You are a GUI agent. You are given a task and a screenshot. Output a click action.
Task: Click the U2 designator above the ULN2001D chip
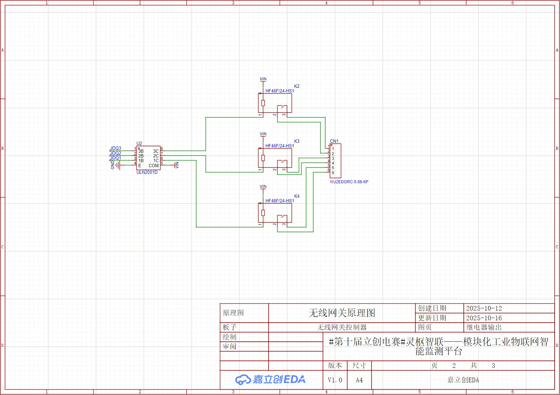point(139,143)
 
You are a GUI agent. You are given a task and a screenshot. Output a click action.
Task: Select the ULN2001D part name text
point(147,173)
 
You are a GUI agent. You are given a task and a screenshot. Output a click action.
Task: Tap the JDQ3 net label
point(116,148)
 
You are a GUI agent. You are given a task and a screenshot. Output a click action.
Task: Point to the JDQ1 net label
point(116,158)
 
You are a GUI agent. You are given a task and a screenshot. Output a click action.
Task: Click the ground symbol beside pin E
point(118,165)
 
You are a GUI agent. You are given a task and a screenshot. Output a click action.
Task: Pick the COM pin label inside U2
point(154,166)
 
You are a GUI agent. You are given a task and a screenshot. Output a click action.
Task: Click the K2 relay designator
point(297,86)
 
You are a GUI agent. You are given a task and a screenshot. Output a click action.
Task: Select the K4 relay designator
point(297,196)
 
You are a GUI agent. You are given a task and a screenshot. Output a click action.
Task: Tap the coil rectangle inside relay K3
point(263,158)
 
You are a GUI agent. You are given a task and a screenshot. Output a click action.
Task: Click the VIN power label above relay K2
point(263,79)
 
